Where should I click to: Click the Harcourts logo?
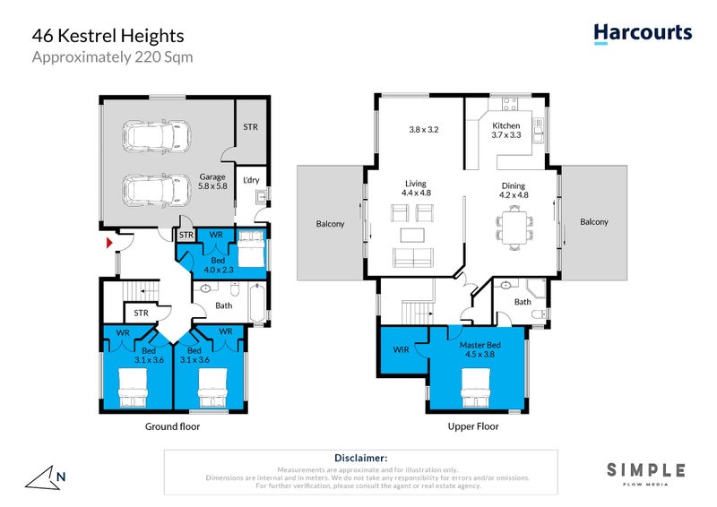(643, 33)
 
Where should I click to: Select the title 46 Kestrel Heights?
(108, 36)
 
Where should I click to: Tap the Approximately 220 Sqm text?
(113, 57)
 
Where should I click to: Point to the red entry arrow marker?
(109, 243)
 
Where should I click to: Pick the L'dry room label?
(250, 179)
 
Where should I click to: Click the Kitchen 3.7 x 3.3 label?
(505, 131)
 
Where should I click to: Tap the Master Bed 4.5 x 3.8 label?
(479, 349)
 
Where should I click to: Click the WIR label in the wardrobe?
(401, 349)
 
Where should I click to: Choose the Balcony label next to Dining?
(593, 222)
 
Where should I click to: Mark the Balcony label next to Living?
(330, 224)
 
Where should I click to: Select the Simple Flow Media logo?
(645, 473)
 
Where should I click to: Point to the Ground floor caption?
(173, 426)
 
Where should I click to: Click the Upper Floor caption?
(473, 426)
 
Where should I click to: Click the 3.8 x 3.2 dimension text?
(424, 130)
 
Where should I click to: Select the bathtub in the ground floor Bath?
(256, 305)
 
